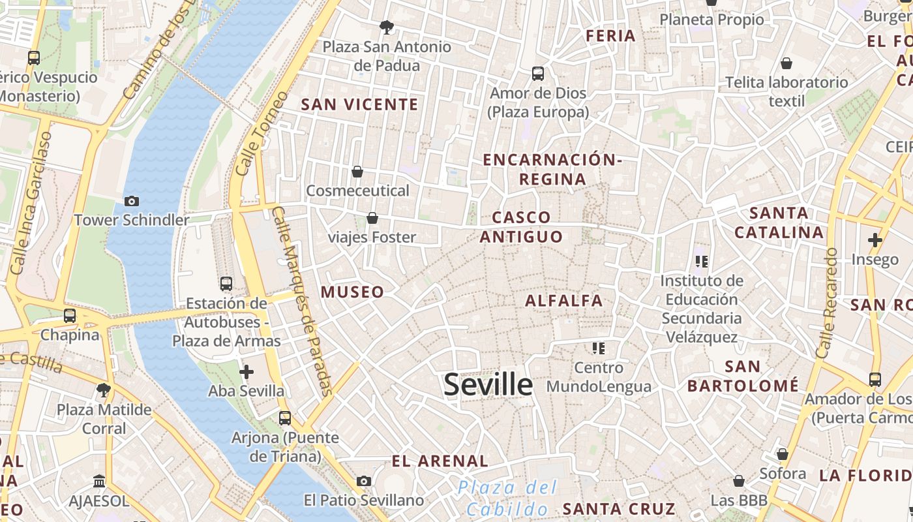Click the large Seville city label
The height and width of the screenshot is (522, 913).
pyautogui.click(x=488, y=384)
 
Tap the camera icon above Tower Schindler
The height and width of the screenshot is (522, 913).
pyautogui.click(x=132, y=201)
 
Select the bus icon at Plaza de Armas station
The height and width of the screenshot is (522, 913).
pyautogui.click(x=226, y=284)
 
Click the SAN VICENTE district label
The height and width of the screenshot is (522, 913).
pyautogui.click(x=359, y=104)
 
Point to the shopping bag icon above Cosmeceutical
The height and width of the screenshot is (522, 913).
pyautogui.click(x=357, y=172)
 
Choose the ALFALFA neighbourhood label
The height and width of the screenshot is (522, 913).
pyautogui.click(x=564, y=301)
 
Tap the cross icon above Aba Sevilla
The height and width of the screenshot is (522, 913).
pyautogui.click(x=247, y=372)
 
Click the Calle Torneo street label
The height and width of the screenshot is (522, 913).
pyautogui.click(x=261, y=134)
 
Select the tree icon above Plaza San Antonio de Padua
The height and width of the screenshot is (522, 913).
pyautogui.click(x=387, y=27)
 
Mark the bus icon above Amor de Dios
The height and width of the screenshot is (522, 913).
pyautogui.click(x=538, y=74)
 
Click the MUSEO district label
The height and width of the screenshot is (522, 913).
pyautogui.click(x=352, y=292)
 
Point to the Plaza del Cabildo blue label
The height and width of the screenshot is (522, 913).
pyautogui.click(x=507, y=498)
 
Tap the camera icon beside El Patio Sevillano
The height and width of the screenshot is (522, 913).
pyautogui.click(x=364, y=481)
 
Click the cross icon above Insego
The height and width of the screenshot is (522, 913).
pyautogui.click(x=875, y=240)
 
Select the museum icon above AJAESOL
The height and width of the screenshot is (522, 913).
pyautogui.click(x=99, y=481)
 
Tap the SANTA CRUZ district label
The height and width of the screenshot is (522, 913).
pyautogui.click(x=619, y=509)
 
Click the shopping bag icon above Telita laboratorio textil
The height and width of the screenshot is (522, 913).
pyautogui.click(x=786, y=63)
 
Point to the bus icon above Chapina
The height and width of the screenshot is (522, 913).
pyautogui.click(x=70, y=316)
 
